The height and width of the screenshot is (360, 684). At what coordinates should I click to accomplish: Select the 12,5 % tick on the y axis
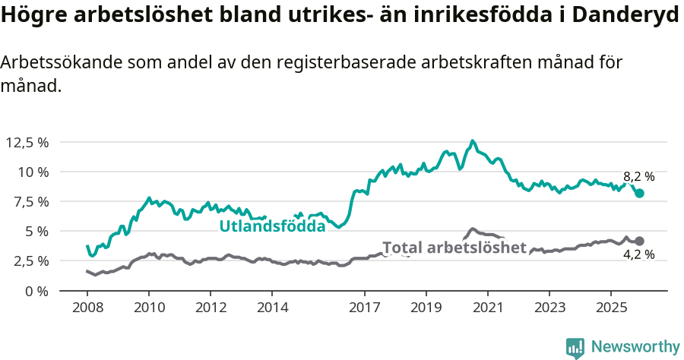[x=28, y=142]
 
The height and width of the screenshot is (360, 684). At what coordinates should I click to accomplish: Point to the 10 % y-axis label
[x=33, y=172]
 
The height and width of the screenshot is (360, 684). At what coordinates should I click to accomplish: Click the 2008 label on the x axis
[x=87, y=308]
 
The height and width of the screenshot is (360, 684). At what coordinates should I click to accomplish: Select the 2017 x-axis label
[x=364, y=308]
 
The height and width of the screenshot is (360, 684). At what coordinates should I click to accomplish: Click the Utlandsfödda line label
[x=272, y=226]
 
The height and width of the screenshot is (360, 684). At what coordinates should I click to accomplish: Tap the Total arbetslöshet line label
[x=454, y=248]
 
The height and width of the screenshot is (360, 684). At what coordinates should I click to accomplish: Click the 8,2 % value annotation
[x=638, y=176]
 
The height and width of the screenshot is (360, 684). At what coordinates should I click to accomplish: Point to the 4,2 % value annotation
[x=638, y=254]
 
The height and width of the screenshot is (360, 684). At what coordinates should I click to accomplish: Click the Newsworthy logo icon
[x=575, y=347]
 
